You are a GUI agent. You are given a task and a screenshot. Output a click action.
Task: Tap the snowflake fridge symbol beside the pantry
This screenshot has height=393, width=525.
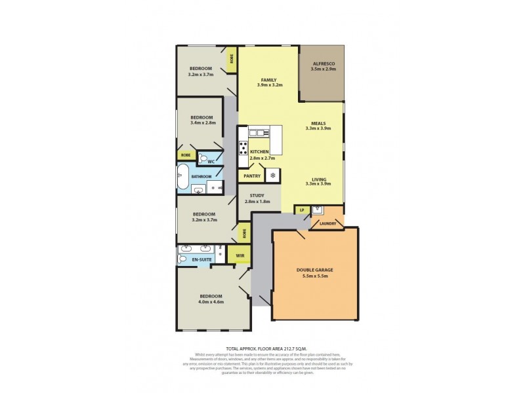click(272, 176)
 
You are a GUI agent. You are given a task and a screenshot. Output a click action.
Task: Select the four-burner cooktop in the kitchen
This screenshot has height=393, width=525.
click(243, 147)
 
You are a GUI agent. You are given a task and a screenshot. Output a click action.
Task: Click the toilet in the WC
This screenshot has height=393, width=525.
click(204, 159)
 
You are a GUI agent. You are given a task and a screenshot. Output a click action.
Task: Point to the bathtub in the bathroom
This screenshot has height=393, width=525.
click(182, 176)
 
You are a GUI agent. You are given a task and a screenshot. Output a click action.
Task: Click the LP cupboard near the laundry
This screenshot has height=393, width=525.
click(302, 210)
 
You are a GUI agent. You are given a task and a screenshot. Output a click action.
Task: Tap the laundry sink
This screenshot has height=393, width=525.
click(318, 210)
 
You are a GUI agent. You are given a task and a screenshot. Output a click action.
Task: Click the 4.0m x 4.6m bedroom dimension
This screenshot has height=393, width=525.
click(211, 302)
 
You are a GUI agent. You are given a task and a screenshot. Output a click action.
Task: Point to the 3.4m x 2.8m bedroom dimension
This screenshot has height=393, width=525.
click(203, 122)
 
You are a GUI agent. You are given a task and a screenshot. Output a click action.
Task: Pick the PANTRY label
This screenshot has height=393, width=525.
click(252, 176)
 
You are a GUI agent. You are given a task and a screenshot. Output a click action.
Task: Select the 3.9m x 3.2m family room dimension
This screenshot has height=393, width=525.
click(269, 85)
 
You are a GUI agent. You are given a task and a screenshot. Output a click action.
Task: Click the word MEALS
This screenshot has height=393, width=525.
click(319, 122)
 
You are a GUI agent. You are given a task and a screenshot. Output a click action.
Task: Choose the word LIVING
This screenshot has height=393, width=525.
click(319, 178)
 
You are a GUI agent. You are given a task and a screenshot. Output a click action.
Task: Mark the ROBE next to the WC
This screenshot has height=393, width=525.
click(186, 156)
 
